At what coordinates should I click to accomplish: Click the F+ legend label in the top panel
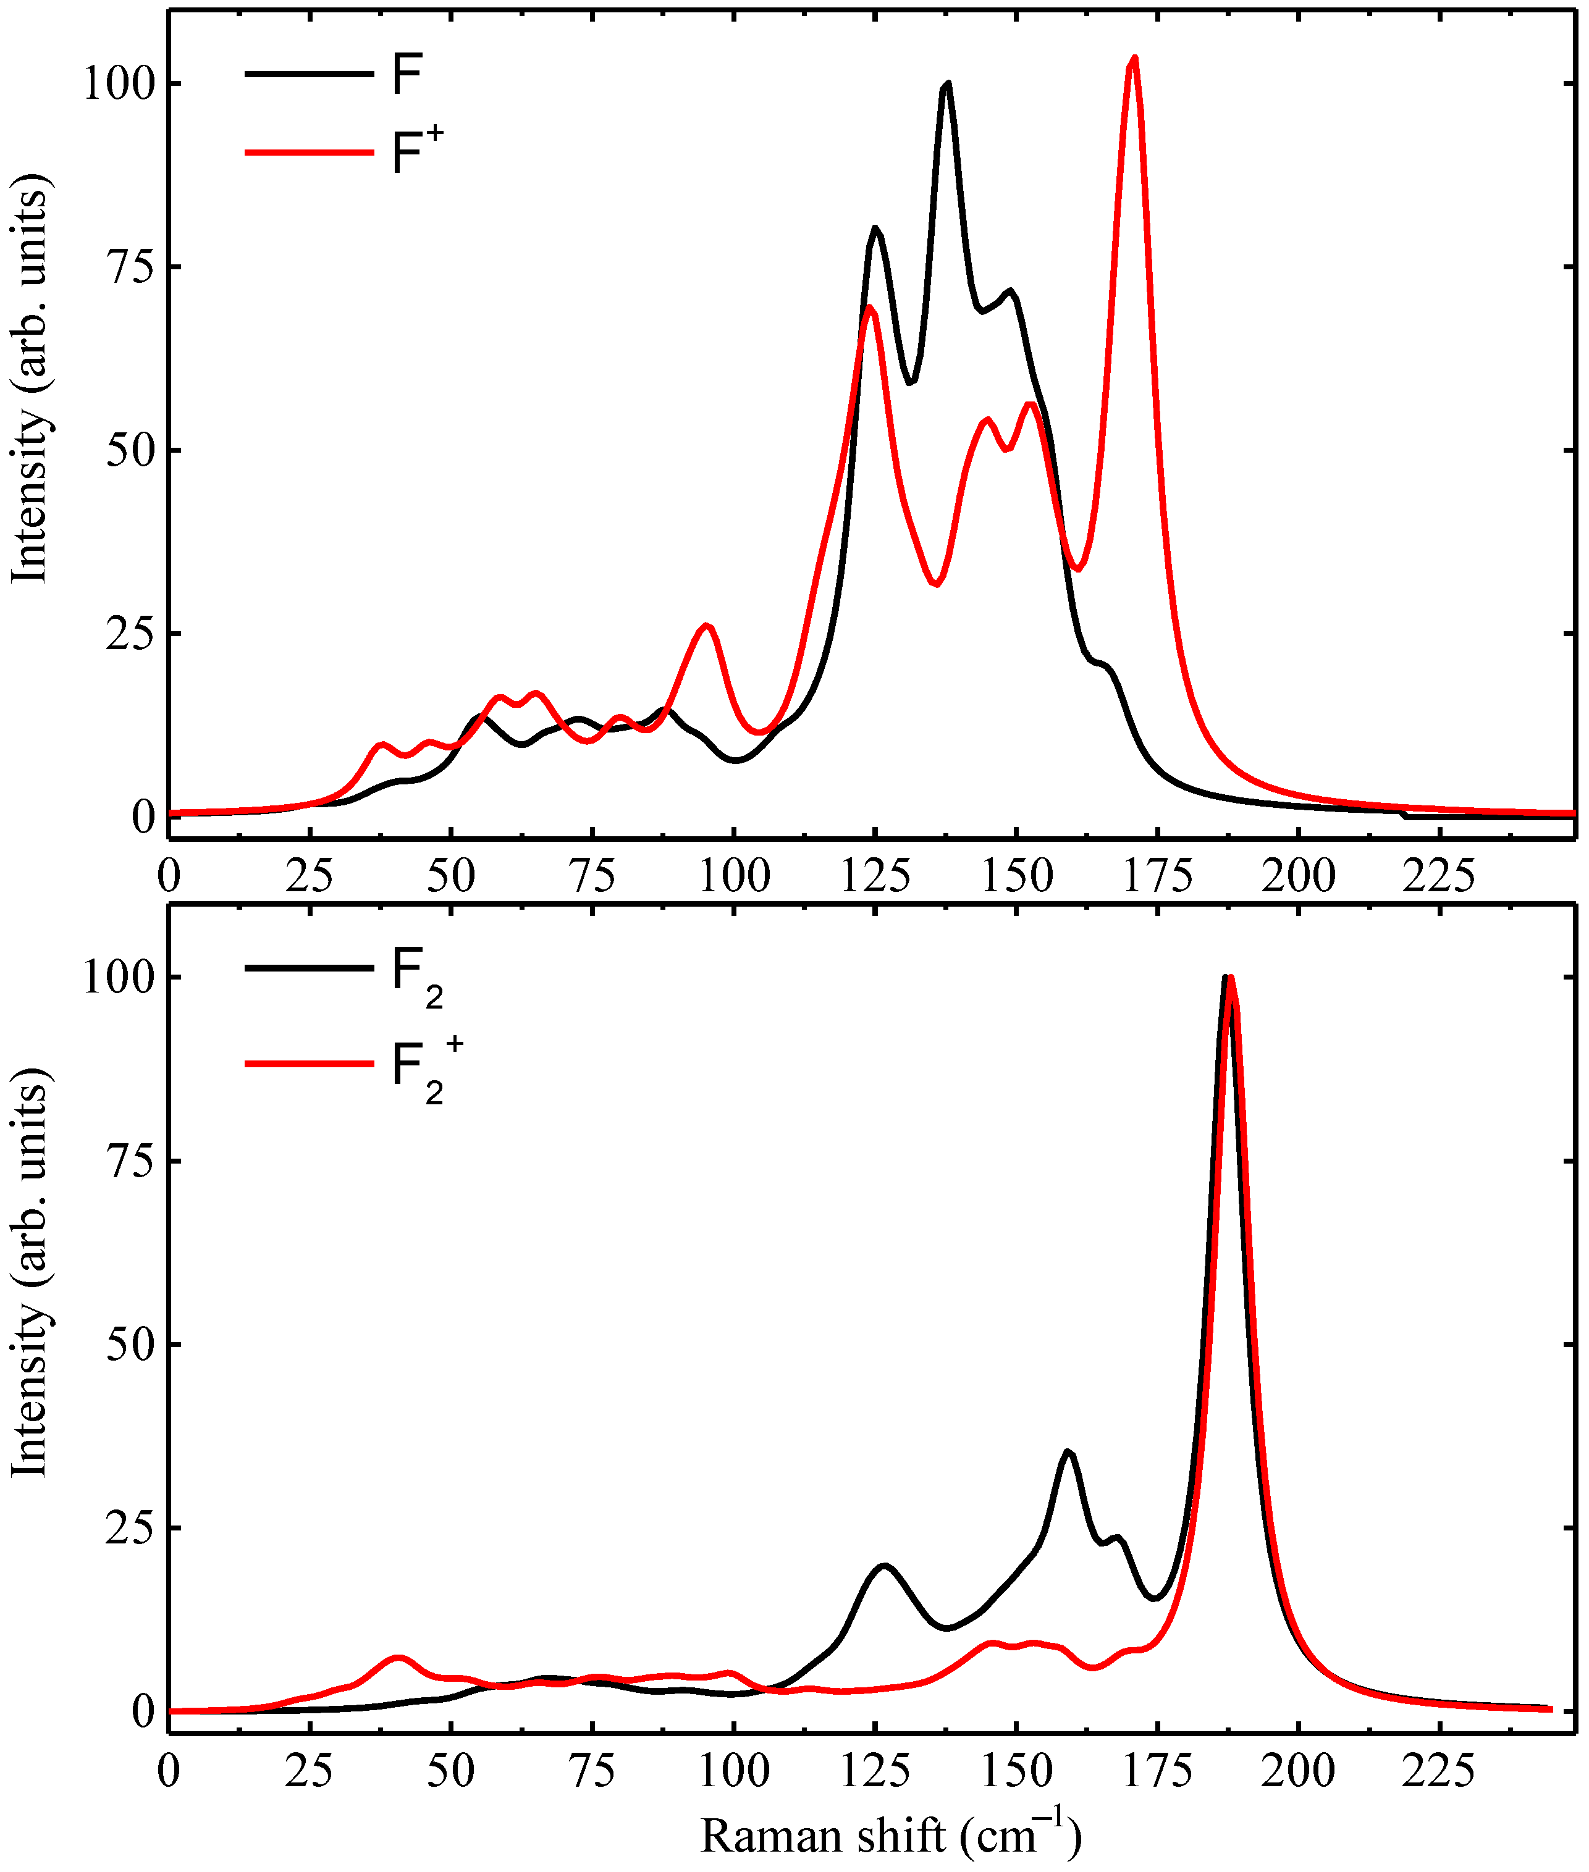coord(417,150)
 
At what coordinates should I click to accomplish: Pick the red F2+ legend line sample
coord(309,1064)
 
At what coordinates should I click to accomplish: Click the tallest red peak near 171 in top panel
coord(1134,59)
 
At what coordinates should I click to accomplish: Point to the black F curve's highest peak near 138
coord(946,85)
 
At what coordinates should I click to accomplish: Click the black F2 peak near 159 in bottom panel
coord(1068,1451)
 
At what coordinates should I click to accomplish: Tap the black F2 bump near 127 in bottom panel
coord(885,1566)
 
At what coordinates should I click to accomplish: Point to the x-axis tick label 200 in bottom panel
coord(1298,1772)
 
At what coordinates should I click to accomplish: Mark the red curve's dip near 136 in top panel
coord(937,584)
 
